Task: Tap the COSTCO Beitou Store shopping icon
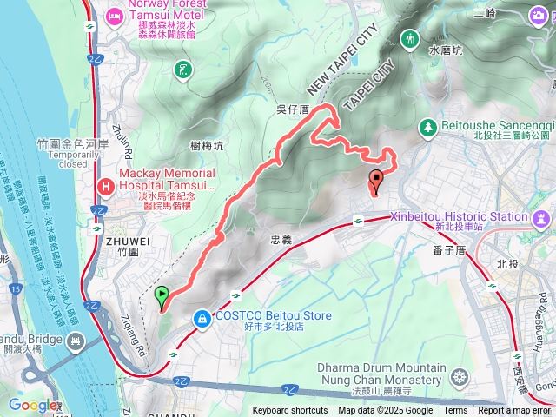tap(202, 321)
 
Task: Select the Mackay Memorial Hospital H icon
tap(106, 185)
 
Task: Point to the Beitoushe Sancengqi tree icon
tap(427, 128)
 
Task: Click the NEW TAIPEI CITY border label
tap(344, 61)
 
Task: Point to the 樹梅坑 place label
tap(206, 145)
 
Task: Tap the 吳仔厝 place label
tap(292, 109)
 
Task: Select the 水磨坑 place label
tap(446, 51)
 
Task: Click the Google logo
tap(32, 406)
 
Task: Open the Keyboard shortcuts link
tap(290, 411)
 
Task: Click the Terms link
tap(455, 411)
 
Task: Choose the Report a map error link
tap(515, 411)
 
